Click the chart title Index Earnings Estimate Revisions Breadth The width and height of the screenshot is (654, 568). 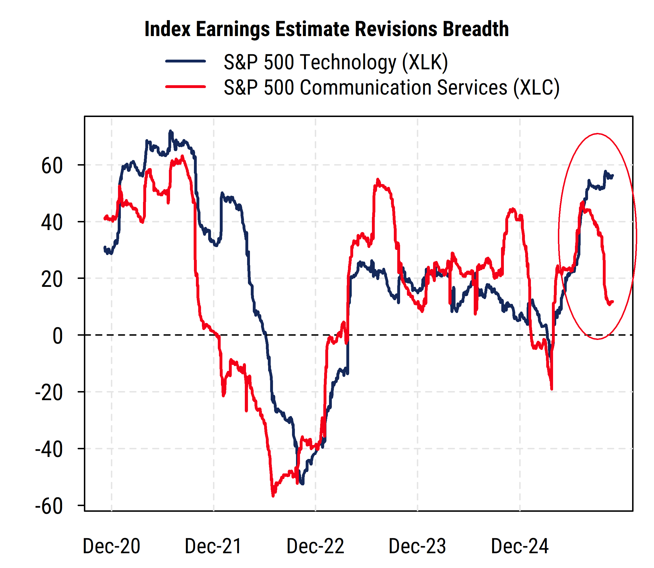click(x=326, y=29)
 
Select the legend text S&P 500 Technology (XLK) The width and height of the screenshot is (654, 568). click(x=336, y=62)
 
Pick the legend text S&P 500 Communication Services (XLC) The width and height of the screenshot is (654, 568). click(x=392, y=87)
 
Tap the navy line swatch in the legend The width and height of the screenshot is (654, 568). click(x=186, y=61)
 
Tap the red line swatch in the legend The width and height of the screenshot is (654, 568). click(x=186, y=87)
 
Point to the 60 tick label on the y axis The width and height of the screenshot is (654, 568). click(x=52, y=166)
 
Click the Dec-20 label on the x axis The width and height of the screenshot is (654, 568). click(x=111, y=546)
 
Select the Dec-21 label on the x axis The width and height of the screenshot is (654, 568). click(x=213, y=546)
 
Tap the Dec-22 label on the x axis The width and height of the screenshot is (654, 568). click(x=315, y=546)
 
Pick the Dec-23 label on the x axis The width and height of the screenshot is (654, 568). click(x=417, y=546)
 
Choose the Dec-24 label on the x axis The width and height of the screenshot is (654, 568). click(x=520, y=546)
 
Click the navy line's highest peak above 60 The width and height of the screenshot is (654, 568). click(x=170, y=131)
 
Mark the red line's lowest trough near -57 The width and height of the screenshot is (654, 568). click(x=273, y=495)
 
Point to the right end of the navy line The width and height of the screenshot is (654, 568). click(x=612, y=176)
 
